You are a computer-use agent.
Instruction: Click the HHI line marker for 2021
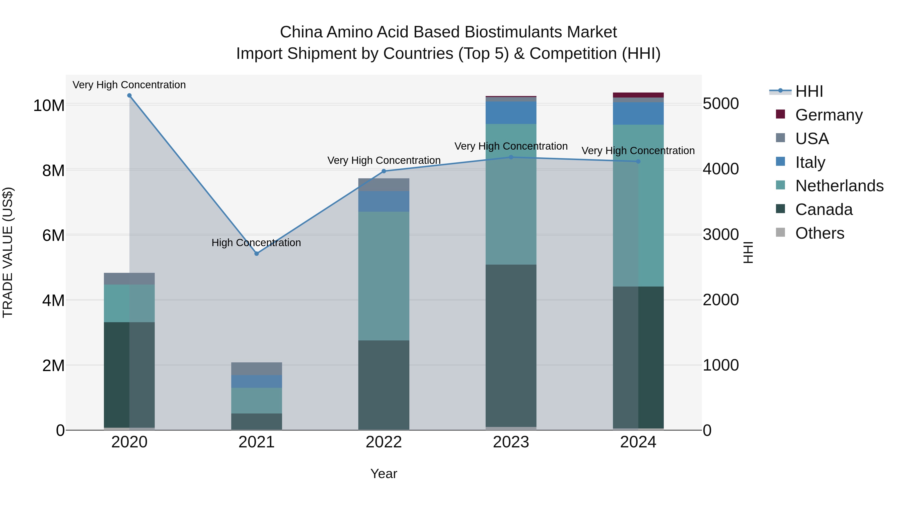click(x=257, y=254)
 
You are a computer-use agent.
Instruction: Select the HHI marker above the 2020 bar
click(x=130, y=96)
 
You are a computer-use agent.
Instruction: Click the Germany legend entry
click(x=829, y=115)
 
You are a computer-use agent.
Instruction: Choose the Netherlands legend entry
click(x=839, y=186)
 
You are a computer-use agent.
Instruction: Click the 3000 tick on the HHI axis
click(x=720, y=235)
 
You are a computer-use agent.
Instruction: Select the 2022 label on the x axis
click(x=384, y=442)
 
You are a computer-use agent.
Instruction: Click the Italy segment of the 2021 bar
click(x=257, y=381)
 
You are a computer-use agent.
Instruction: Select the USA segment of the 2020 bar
click(x=130, y=279)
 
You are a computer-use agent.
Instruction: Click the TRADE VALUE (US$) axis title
click(x=8, y=252)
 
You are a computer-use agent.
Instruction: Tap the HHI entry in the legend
click(x=809, y=91)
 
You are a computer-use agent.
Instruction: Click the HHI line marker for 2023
click(x=511, y=157)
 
